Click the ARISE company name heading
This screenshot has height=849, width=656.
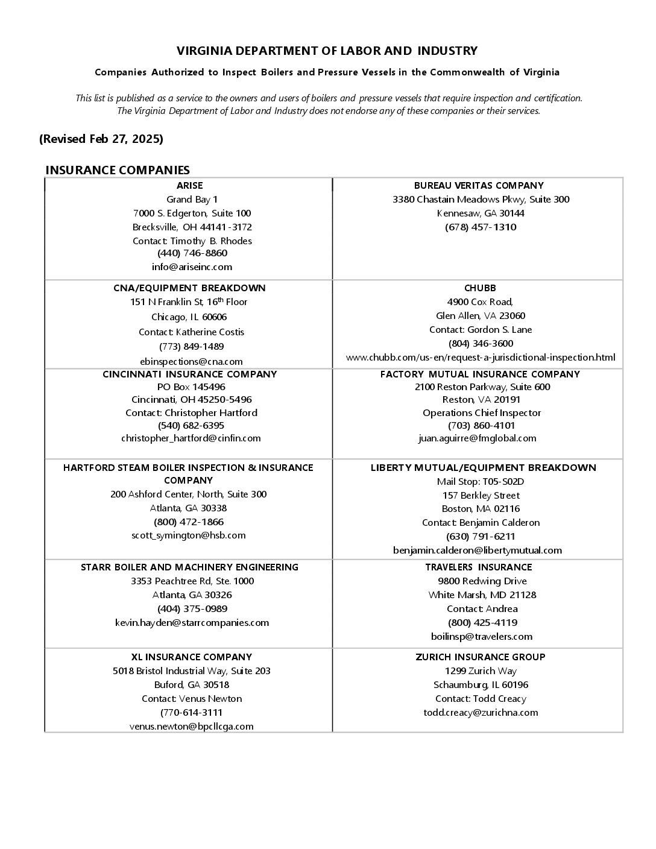(189, 186)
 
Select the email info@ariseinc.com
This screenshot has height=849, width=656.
(192, 267)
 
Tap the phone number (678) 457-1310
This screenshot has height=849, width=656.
(481, 227)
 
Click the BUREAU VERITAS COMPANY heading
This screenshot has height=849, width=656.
(479, 186)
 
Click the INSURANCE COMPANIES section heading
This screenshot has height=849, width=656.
(118, 170)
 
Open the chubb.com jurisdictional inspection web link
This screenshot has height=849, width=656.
(481, 358)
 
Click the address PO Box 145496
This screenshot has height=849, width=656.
(191, 387)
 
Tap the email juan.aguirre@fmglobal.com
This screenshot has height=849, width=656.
(477, 438)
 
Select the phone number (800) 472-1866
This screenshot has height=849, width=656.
(189, 522)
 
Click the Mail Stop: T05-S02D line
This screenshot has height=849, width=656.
(481, 482)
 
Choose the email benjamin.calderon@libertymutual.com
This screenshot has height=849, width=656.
(477, 550)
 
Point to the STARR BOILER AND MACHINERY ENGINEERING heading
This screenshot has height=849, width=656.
(189, 567)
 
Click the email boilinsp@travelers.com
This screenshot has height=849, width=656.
(482, 637)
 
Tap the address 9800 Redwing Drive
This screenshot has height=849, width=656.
(482, 581)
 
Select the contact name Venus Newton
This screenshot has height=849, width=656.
(192, 699)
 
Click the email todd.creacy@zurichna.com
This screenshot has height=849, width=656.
(481, 713)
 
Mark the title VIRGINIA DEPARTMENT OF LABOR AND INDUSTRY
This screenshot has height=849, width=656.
(327, 51)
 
